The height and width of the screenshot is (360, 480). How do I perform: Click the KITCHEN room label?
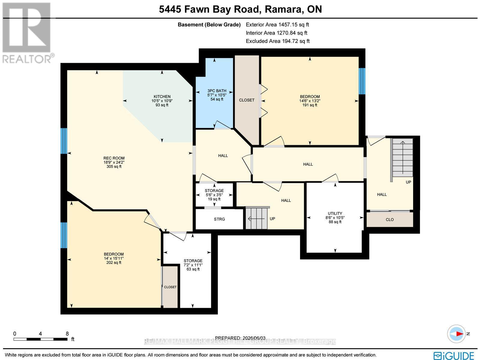pos(162,96)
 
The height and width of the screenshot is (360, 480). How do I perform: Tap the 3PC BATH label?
pos(217,91)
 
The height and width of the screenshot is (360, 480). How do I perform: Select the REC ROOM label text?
pos(114,158)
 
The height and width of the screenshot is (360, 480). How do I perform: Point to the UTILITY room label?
pos(335,213)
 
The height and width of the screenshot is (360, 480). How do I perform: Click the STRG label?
pos(219,219)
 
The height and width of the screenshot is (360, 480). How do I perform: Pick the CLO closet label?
pos(390,220)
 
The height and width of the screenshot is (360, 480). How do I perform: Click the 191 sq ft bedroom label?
pos(310,101)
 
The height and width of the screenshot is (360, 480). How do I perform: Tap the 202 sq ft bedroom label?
pos(114,258)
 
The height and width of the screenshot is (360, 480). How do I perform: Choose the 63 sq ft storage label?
pos(193,265)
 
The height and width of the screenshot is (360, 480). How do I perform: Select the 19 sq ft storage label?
pos(214,195)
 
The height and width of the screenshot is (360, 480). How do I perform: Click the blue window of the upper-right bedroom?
pos(362,81)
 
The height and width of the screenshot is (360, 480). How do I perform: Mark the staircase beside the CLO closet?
pos(403,158)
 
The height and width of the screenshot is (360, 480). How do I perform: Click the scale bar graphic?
pos(40,339)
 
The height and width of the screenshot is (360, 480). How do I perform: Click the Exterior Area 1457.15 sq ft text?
pos(277,25)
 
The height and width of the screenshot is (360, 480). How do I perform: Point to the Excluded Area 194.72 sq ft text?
pos(278,41)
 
